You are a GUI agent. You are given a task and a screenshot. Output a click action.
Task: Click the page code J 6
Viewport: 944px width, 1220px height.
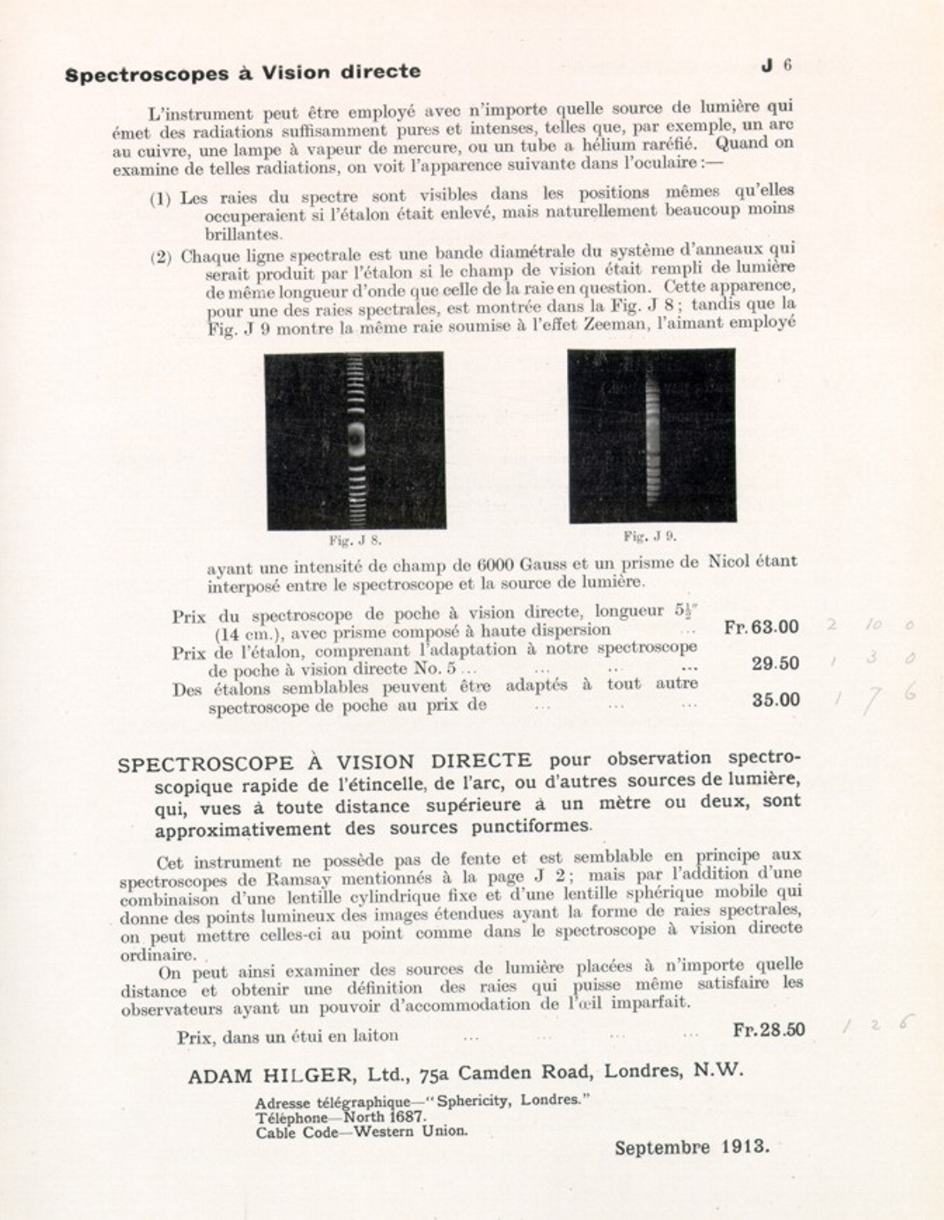[777, 65]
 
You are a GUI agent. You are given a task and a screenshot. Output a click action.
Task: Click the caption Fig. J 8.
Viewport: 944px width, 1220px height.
[355, 541]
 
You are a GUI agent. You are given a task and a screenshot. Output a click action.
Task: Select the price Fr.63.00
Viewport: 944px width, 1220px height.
[761, 627]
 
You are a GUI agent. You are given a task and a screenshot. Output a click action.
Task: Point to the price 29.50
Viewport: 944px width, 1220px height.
[775, 663]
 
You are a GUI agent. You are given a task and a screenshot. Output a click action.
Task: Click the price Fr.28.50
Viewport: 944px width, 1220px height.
[769, 1030]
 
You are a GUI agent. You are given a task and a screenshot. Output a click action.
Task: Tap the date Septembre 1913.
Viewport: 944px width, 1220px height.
[692, 1148]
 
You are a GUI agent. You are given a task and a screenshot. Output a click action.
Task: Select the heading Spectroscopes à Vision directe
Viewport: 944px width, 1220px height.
[243, 73]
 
